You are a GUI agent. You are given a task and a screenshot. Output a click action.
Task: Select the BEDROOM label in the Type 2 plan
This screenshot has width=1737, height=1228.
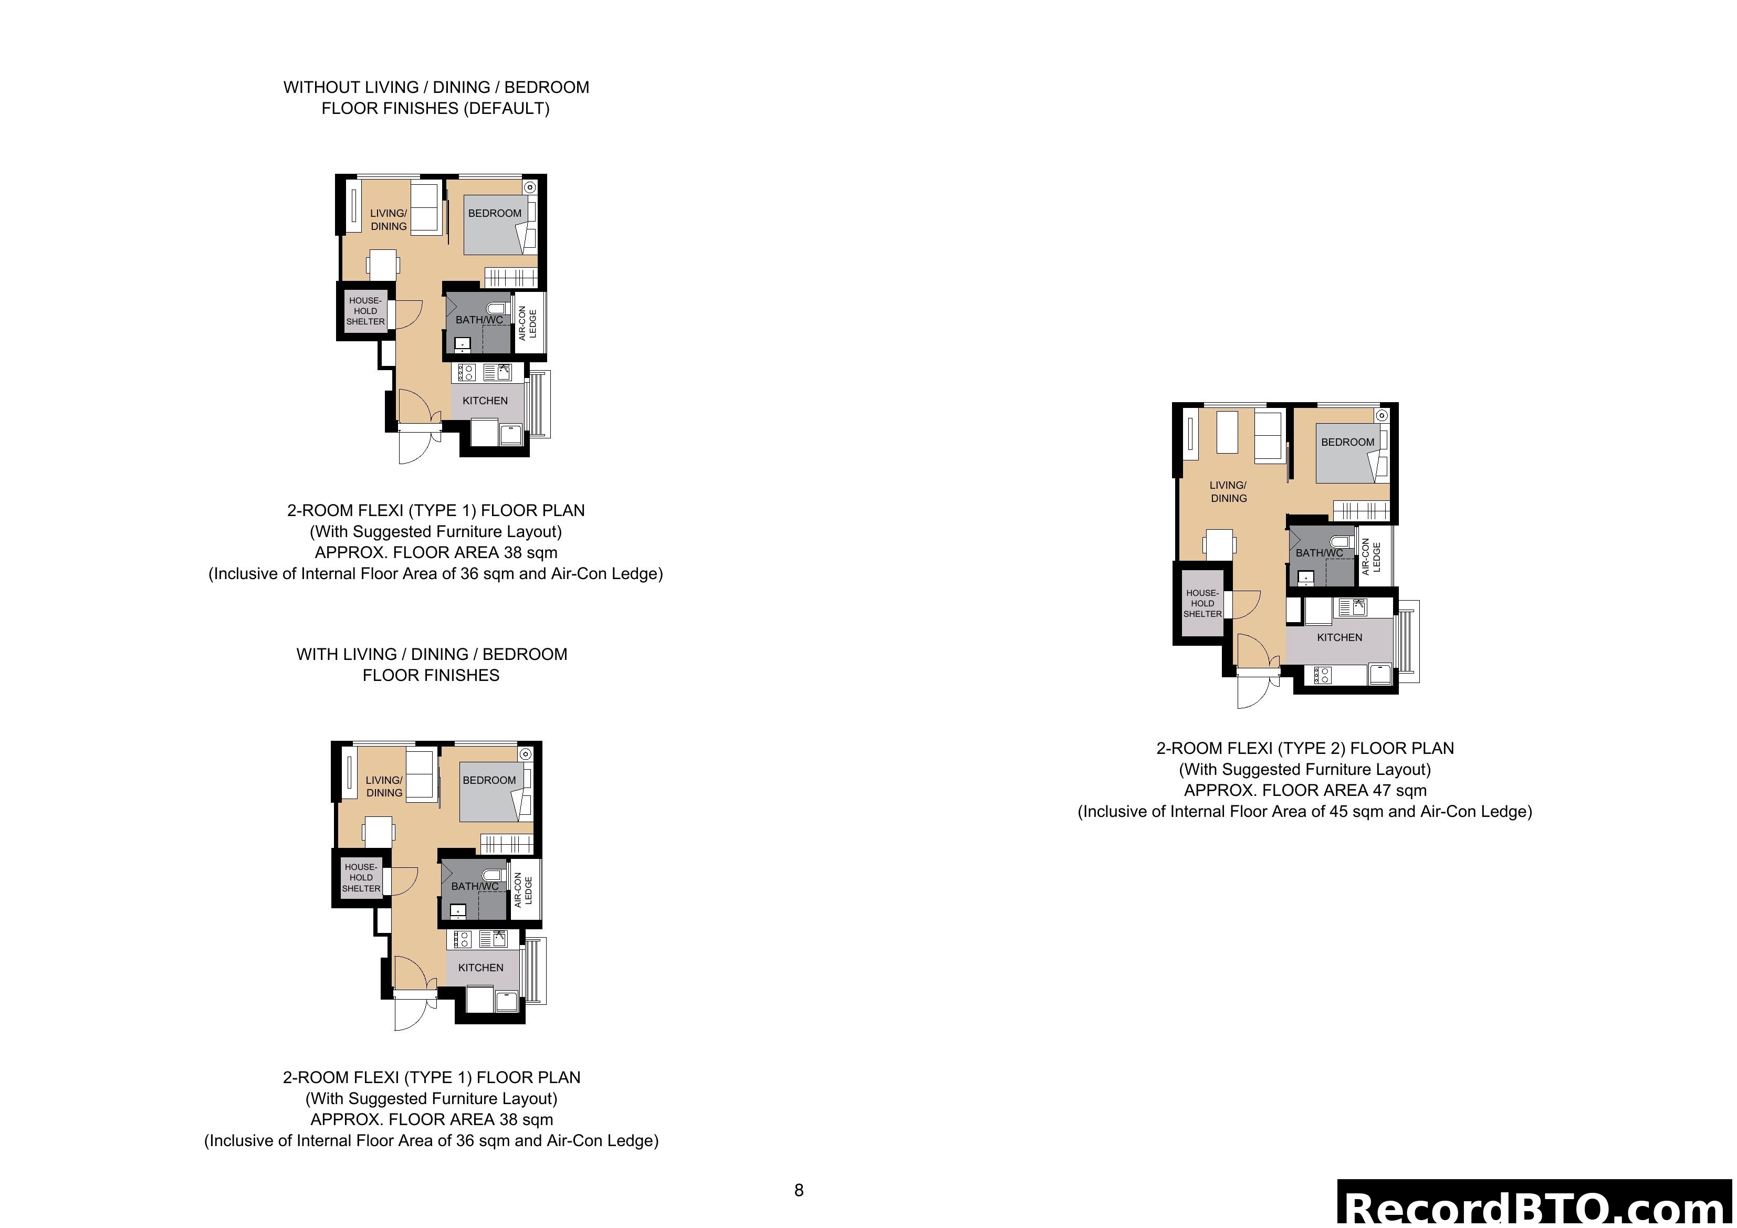(1347, 442)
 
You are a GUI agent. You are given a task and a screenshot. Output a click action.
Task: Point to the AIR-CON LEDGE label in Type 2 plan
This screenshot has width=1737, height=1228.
(1371, 557)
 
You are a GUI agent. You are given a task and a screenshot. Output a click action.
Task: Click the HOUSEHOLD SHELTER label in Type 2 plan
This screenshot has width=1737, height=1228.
(1202, 603)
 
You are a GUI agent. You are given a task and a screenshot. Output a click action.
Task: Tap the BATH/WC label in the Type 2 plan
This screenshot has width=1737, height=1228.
(1320, 553)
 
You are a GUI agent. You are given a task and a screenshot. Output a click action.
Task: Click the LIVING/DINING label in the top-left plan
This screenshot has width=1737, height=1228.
(388, 219)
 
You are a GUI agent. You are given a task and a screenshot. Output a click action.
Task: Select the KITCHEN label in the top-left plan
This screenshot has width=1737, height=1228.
(485, 400)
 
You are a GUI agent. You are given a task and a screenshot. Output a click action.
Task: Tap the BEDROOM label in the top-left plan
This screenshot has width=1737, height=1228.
(494, 213)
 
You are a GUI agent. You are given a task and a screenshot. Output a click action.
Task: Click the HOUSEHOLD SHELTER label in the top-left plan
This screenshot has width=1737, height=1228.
(365, 311)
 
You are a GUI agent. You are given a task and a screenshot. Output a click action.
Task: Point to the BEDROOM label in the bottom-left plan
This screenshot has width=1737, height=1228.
(489, 780)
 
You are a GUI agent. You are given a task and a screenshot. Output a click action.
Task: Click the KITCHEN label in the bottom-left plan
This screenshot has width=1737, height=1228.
(480, 967)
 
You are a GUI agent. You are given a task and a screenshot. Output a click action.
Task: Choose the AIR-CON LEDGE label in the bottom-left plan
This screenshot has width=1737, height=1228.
(524, 890)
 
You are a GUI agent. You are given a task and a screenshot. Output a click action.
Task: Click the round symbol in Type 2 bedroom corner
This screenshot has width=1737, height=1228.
(1382, 415)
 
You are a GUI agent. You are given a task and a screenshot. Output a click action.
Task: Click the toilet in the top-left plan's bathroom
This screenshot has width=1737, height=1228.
(496, 308)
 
